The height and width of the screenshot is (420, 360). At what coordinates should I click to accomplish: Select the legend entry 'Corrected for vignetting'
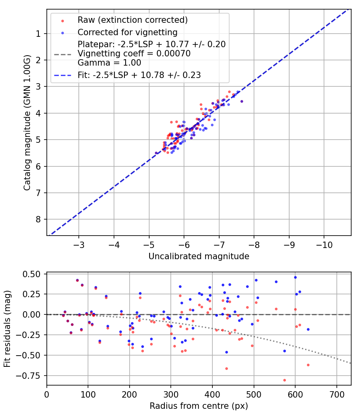tap(127, 32)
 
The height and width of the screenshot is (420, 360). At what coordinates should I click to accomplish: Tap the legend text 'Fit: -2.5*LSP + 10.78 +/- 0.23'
tap(139, 75)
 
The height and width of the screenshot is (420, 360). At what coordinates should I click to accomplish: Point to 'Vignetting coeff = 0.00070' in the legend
tap(134, 54)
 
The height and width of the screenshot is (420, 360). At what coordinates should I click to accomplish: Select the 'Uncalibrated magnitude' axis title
tap(199, 256)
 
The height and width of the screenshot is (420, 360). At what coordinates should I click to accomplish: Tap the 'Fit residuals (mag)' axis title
tap(7, 329)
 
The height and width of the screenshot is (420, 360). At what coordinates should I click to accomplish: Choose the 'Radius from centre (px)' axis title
tap(199, 406)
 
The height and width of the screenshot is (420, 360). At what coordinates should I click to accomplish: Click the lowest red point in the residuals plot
tap(284, 380)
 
